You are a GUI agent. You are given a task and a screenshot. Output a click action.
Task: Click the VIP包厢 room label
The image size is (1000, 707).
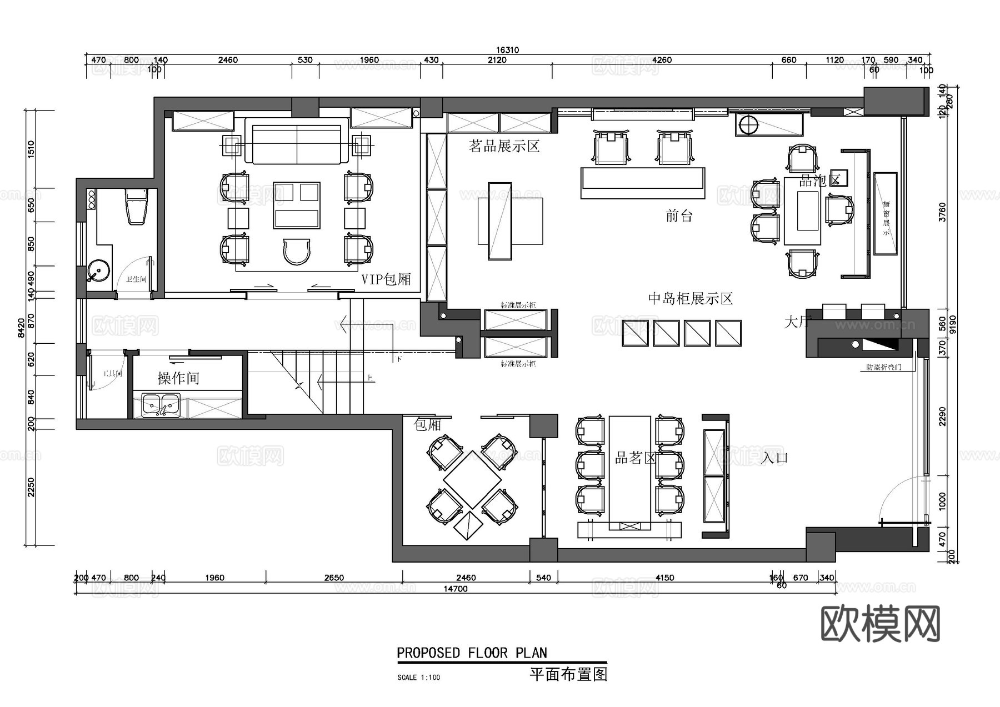[386, 279]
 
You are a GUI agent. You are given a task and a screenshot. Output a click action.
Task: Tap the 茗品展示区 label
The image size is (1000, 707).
[504, 147]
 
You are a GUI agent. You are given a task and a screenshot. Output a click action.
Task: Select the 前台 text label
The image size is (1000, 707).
[679, 215]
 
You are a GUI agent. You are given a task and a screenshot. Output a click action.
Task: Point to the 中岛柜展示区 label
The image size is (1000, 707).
[691, 299]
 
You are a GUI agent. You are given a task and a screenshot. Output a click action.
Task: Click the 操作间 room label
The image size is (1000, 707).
[178, 378]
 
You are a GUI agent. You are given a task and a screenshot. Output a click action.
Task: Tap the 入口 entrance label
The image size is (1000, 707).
[774, 458]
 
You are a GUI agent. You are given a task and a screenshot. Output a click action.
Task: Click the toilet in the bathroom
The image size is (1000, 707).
[137, 207]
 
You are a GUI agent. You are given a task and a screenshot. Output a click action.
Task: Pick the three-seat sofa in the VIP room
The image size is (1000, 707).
[297, 144]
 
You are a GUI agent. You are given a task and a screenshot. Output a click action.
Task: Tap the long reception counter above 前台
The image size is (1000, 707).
[643, 183]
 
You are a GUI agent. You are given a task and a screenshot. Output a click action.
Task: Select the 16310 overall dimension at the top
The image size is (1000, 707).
[507, 50]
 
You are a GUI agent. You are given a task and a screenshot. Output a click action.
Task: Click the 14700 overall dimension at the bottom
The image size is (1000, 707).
[455, 589]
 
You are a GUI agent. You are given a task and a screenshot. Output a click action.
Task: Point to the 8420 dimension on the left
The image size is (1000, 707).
[21, 328]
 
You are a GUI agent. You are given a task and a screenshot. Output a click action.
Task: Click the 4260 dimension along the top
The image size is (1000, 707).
[662, 60]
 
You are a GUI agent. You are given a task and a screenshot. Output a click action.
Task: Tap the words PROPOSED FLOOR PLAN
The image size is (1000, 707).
[472, 653]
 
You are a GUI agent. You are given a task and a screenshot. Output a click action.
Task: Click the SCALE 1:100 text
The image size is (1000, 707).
[418, 677]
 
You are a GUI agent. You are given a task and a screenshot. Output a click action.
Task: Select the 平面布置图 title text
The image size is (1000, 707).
[568, 674]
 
